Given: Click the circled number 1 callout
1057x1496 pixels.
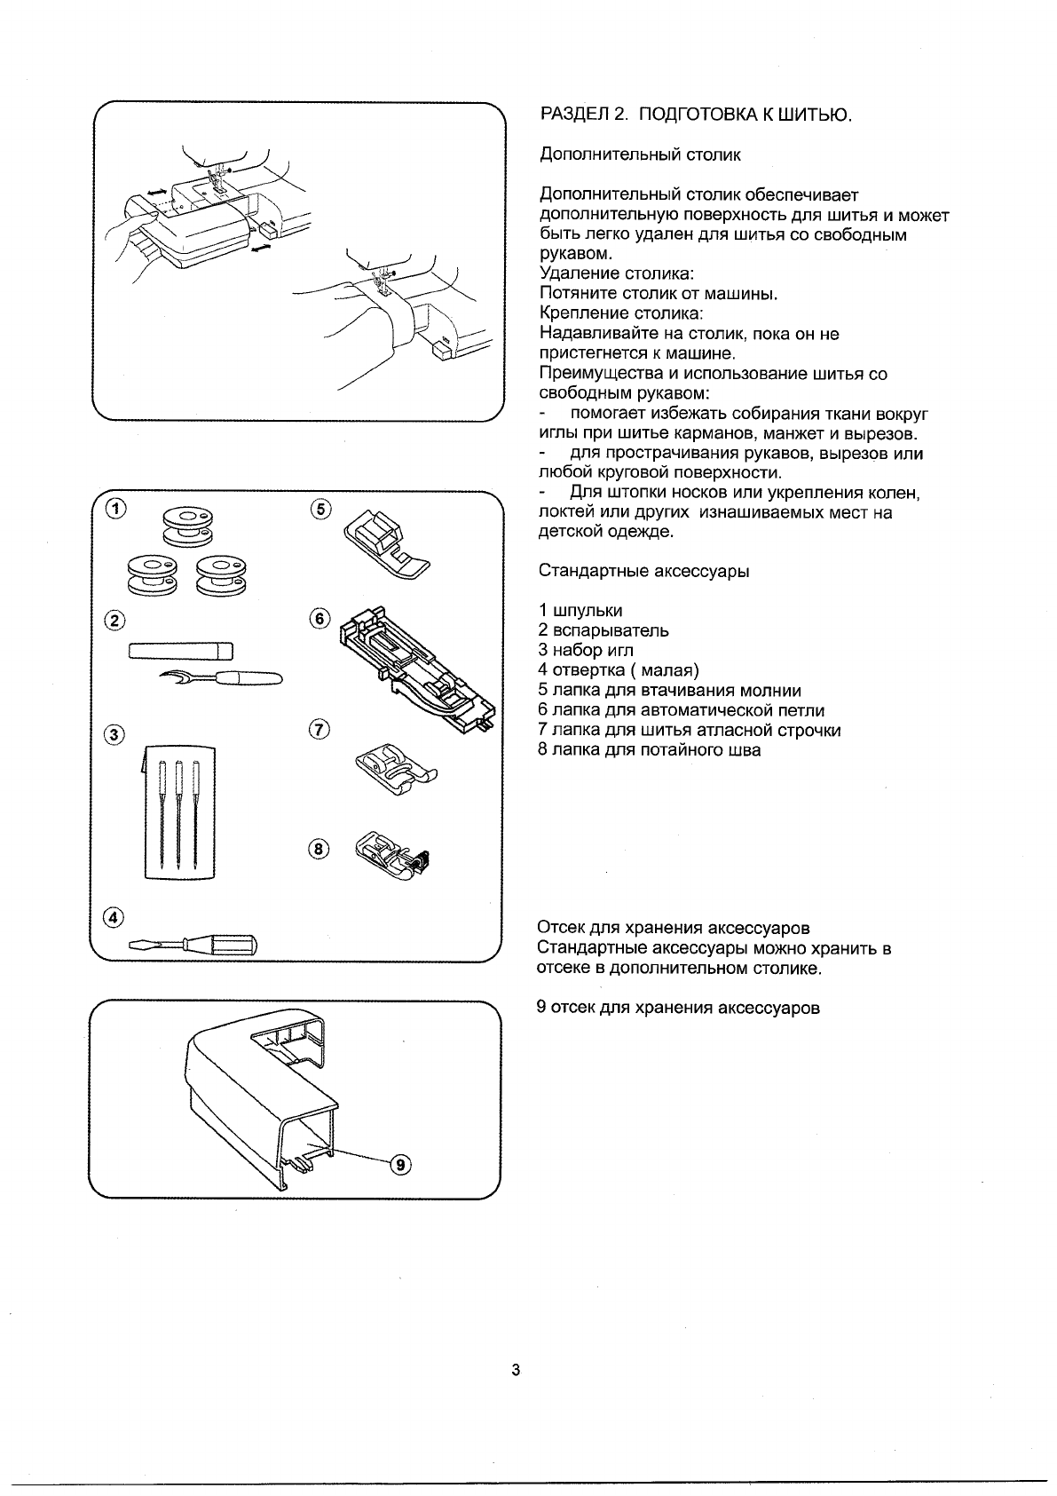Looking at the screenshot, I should (116, 509).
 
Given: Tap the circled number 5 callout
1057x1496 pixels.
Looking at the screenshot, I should (320, 509).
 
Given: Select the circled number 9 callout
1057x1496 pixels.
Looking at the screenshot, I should (401, 1165).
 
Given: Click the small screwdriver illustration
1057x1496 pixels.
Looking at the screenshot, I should (193, 944).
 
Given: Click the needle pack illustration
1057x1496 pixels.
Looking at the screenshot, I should (180, 808).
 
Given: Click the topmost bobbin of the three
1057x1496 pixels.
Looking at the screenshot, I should (186, 524).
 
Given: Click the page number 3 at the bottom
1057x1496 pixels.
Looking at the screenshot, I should (516, 1369).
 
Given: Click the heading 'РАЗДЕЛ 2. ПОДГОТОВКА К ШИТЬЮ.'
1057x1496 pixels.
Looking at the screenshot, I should (696, 115).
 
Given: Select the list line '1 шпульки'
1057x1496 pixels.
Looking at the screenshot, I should (580, 611).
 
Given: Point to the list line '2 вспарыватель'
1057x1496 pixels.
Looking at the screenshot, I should (603, 630).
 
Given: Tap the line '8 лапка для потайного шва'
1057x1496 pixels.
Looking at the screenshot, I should (649, 749).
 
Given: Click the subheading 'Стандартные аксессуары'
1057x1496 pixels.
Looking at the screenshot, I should (644, 571).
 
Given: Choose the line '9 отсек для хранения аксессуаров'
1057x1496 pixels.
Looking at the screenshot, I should (678, 1008).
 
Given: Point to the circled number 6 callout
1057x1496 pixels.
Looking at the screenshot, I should (320, 620).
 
